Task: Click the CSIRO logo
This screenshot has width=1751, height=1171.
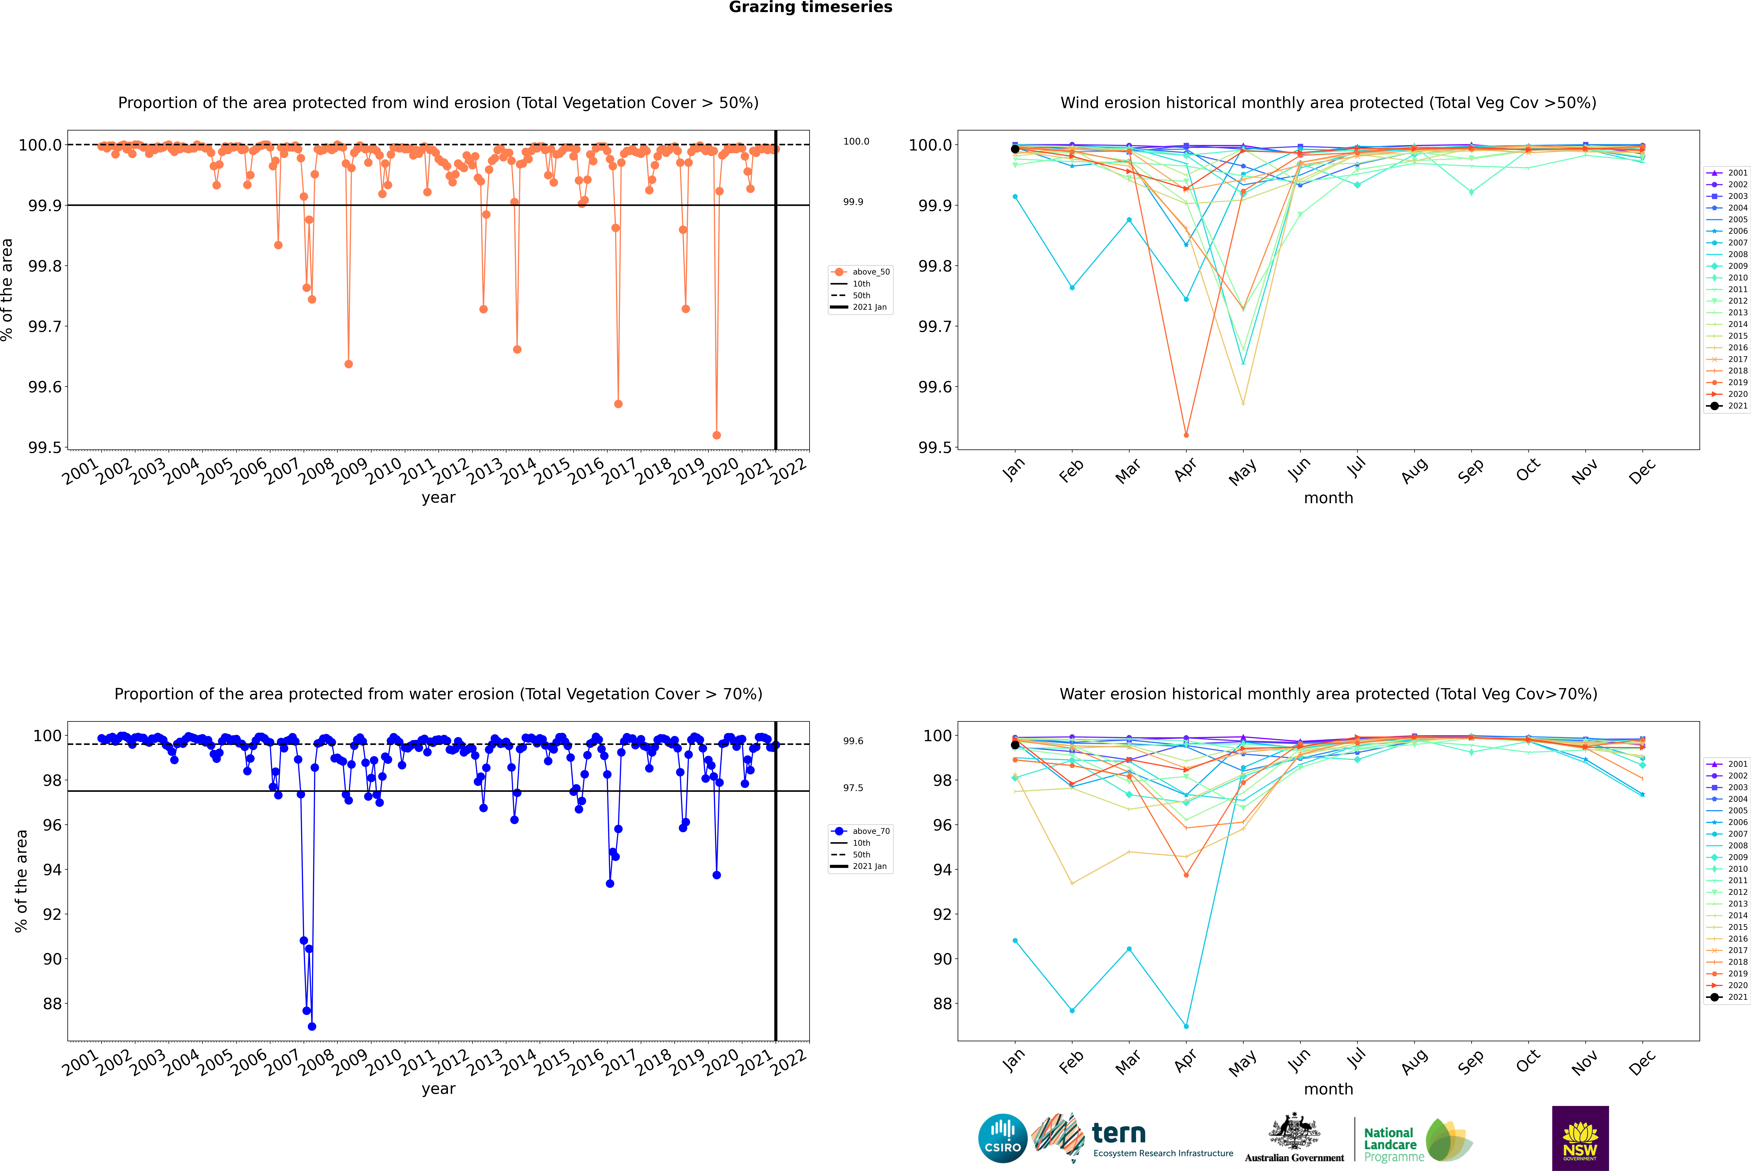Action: tap(1002, 1138)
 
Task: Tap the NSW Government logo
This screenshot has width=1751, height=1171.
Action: tap(1580, 1138)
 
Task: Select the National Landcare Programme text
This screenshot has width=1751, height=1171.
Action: tap(1390, 1144)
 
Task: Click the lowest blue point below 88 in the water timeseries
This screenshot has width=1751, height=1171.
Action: tap(312, 1026)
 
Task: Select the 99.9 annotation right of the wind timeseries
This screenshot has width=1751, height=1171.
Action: tap(853, 202)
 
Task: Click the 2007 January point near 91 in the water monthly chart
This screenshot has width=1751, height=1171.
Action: tap(1015, 941)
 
